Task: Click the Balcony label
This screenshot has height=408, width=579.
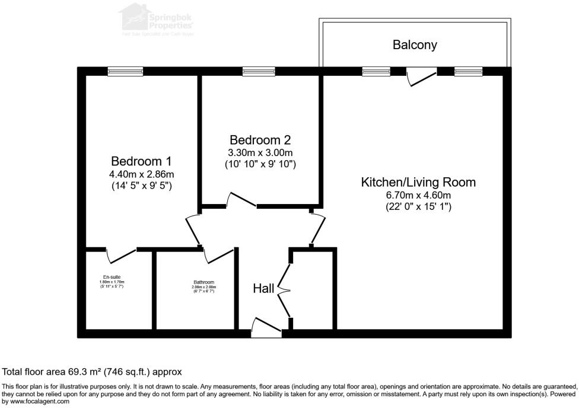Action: click(x=415, y=45)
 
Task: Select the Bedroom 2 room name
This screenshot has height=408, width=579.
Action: click(x=260, y=141)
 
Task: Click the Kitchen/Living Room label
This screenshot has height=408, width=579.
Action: click(x=418, y=182)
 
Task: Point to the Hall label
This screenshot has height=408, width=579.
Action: click(x=263, y=289)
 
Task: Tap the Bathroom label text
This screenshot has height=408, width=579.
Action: click(x=203, y=282)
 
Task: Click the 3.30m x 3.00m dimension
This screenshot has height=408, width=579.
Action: click(x=260, y=152)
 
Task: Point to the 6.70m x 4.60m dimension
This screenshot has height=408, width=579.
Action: click(x=418, y=195)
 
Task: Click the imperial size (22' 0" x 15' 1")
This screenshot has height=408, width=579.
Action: click(x=418, y=207)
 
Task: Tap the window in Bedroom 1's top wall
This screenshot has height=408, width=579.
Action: click(x=125, y=71)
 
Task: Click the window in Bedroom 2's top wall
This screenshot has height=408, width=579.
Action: click(x=259, y=71)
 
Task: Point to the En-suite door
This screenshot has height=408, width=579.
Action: click(x=121, y=254)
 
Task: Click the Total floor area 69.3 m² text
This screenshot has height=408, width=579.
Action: click(x=92, y=372)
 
